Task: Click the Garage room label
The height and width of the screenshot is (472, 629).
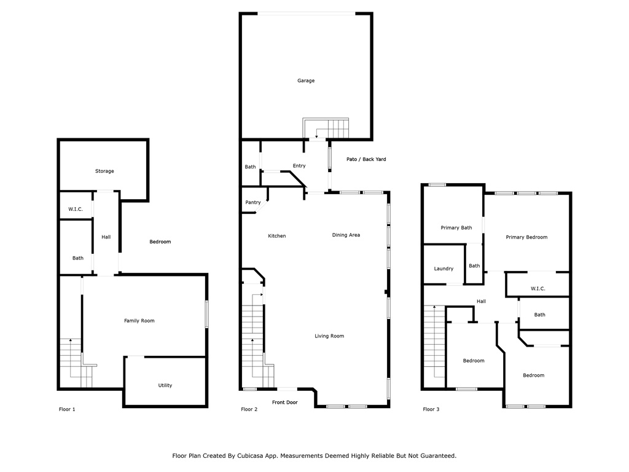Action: pos(306,81)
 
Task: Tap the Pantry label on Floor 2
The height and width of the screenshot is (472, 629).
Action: pos(252,202)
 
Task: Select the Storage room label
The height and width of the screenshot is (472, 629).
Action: pos(104,171)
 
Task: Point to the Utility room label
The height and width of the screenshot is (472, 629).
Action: pos(165,385)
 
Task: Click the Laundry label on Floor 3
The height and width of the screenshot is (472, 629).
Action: pos(443,269)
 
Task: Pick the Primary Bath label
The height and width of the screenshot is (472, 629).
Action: pos(456,227)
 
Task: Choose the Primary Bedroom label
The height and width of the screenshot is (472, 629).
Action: pos(526,237)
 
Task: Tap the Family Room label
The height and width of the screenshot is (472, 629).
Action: pos(139,321)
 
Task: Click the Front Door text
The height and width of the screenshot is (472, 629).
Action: pos(285,402)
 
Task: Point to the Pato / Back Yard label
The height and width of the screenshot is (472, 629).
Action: pos(366,159)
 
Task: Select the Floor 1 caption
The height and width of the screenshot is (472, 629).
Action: pos(67,409)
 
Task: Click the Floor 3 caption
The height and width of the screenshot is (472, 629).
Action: pos(431,409)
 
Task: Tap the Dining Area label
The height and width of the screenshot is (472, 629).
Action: pos(346,235)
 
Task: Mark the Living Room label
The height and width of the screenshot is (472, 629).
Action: pos(329,336)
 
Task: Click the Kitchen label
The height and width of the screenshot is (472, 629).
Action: pos(277,236)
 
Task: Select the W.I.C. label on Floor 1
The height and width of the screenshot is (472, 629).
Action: pos(76,209)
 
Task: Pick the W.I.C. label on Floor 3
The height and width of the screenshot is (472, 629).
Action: pos(537,289)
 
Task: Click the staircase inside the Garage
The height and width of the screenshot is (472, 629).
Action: pos(326,128)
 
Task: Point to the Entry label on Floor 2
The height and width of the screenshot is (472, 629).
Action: pos(299,166)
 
